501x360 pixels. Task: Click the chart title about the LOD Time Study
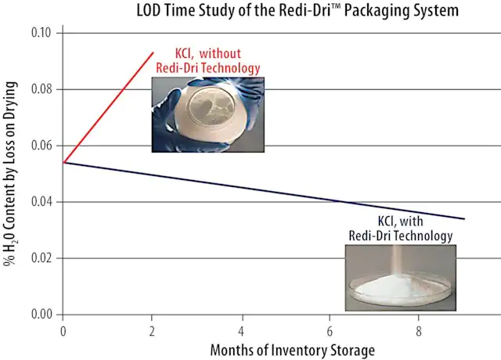point(274,11)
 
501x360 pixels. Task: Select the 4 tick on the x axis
point(243,329)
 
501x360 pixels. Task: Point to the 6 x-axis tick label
point(331,329)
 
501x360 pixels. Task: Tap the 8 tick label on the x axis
point(420,329)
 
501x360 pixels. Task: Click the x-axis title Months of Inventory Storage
point(281,349)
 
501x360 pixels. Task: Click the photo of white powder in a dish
point(401,278)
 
